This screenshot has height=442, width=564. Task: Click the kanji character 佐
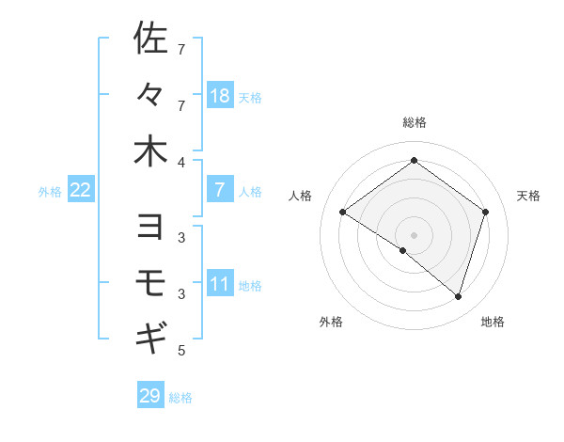click(x=150, y=39)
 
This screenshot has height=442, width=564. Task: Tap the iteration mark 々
click(x=150, y=96)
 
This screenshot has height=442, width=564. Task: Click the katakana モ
click(x=150, y=283)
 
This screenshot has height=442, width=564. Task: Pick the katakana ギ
click(x=150, y=338)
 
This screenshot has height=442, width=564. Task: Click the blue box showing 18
click(x=220, y=96)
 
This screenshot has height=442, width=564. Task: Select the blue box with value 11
click(x=220, y=284)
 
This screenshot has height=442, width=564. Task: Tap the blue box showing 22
click(x=81, y=191)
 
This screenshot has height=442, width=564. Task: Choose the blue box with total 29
click(x=150, y=396)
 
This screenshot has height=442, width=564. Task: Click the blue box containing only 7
click(x=220, y=191)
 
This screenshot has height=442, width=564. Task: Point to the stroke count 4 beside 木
click(x=181, y=161)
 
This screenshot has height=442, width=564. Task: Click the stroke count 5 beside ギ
click(x=181, y=351)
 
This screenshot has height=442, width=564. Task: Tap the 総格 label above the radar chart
click(x=414, y=122)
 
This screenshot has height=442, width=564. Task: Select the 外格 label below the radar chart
click(x=331, y=322)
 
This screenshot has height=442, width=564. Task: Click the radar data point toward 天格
click(x=485, y=212)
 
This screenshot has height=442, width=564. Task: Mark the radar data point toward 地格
click(x=458, y=296)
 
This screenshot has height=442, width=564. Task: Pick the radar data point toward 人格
click(x=342, y=212)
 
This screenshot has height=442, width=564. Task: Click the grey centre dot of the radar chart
click(x=414, y=234)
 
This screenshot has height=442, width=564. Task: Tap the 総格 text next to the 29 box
click(x=180, y=397)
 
